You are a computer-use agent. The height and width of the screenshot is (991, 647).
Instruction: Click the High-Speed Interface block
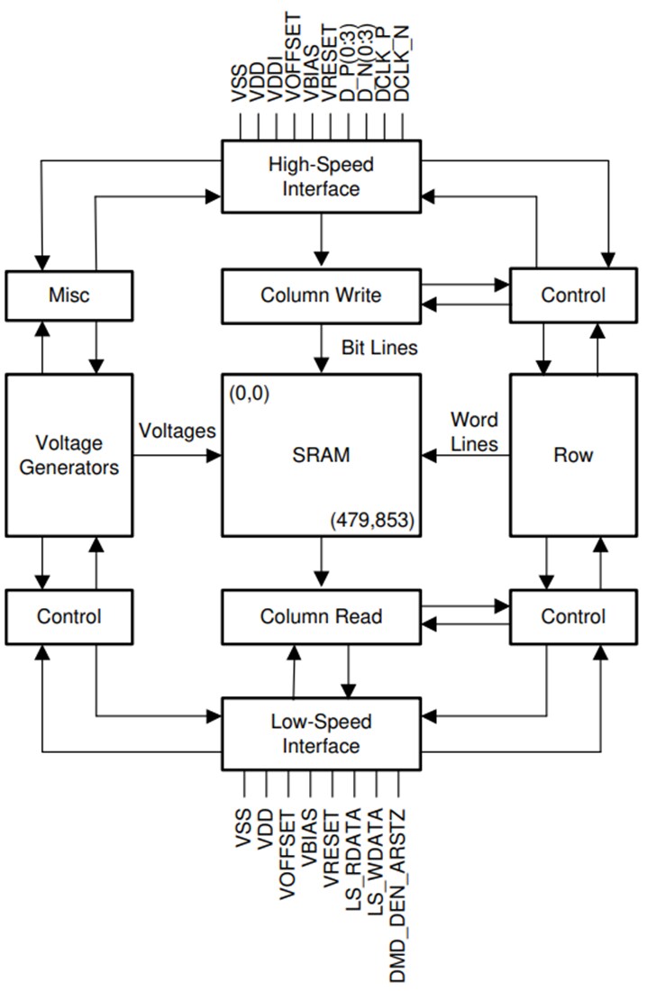tap(321, 177)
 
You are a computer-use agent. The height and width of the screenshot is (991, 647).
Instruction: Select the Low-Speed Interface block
tap(321, 733)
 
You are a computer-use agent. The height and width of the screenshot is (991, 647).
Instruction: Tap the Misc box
tap(69, 295)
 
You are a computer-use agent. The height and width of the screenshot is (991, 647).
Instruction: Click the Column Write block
tap(321, 295)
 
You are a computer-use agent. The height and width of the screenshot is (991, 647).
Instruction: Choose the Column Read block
tap(321, 616)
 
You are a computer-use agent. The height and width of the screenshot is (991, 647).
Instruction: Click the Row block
tap(573, 456)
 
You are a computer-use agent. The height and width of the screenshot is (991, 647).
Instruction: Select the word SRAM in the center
tap(321, 456)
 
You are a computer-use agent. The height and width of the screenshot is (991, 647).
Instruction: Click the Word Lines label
tap(474, 432)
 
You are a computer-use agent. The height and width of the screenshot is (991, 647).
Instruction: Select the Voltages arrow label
tap(178, 431)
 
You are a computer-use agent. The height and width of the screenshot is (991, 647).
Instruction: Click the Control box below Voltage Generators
tap(69, 616)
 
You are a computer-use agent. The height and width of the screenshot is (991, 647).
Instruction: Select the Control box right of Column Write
tap(573, 295)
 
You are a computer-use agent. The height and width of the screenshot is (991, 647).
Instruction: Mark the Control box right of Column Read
tap(573, 616)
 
